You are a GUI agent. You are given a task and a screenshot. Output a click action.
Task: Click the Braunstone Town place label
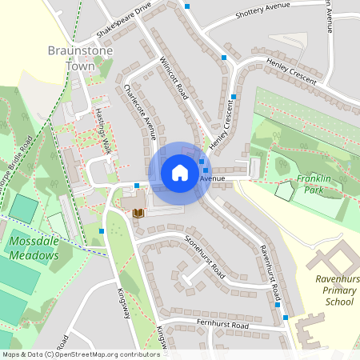[x=80, y=58]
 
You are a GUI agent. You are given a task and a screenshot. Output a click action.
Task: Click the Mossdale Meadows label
[x=34, y=248]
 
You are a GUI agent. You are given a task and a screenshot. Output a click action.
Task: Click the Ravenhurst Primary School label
[x=334, y=290]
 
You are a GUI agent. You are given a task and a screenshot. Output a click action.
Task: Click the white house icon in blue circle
[x=179, y=173]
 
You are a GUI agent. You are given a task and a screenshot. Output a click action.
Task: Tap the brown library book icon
[x=138, y=212]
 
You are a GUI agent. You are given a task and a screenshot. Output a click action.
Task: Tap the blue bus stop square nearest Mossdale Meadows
[x=102, y=231]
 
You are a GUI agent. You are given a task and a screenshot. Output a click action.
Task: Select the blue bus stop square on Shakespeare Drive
[x=187, y=6]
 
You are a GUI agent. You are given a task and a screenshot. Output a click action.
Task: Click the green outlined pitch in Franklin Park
[x=285, y=190]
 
